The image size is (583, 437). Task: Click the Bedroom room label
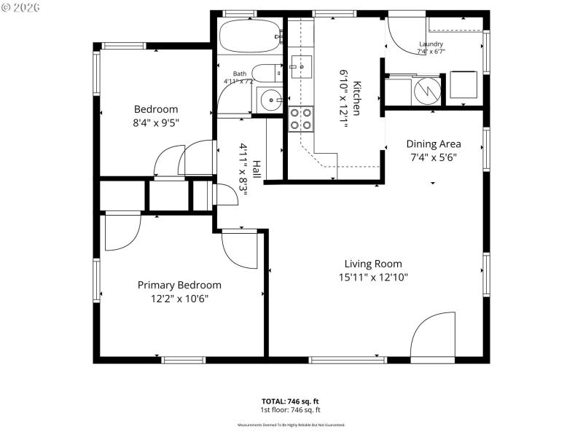[x=155, y=109]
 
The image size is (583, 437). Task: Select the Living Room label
[x=373, y=264]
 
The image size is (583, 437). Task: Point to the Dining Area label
[x=434, y=143]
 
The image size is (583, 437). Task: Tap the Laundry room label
[x=431, y=44]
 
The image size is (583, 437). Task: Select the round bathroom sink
[x=270, y=98]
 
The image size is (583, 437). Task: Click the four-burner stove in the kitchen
[x=301, y=119]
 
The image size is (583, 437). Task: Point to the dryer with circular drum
[x=426, y=90]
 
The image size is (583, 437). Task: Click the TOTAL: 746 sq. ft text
[x=290, y=401]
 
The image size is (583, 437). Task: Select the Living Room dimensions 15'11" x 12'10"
[x=373, y=277]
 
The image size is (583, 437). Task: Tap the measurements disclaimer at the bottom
[x=290, y=425]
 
